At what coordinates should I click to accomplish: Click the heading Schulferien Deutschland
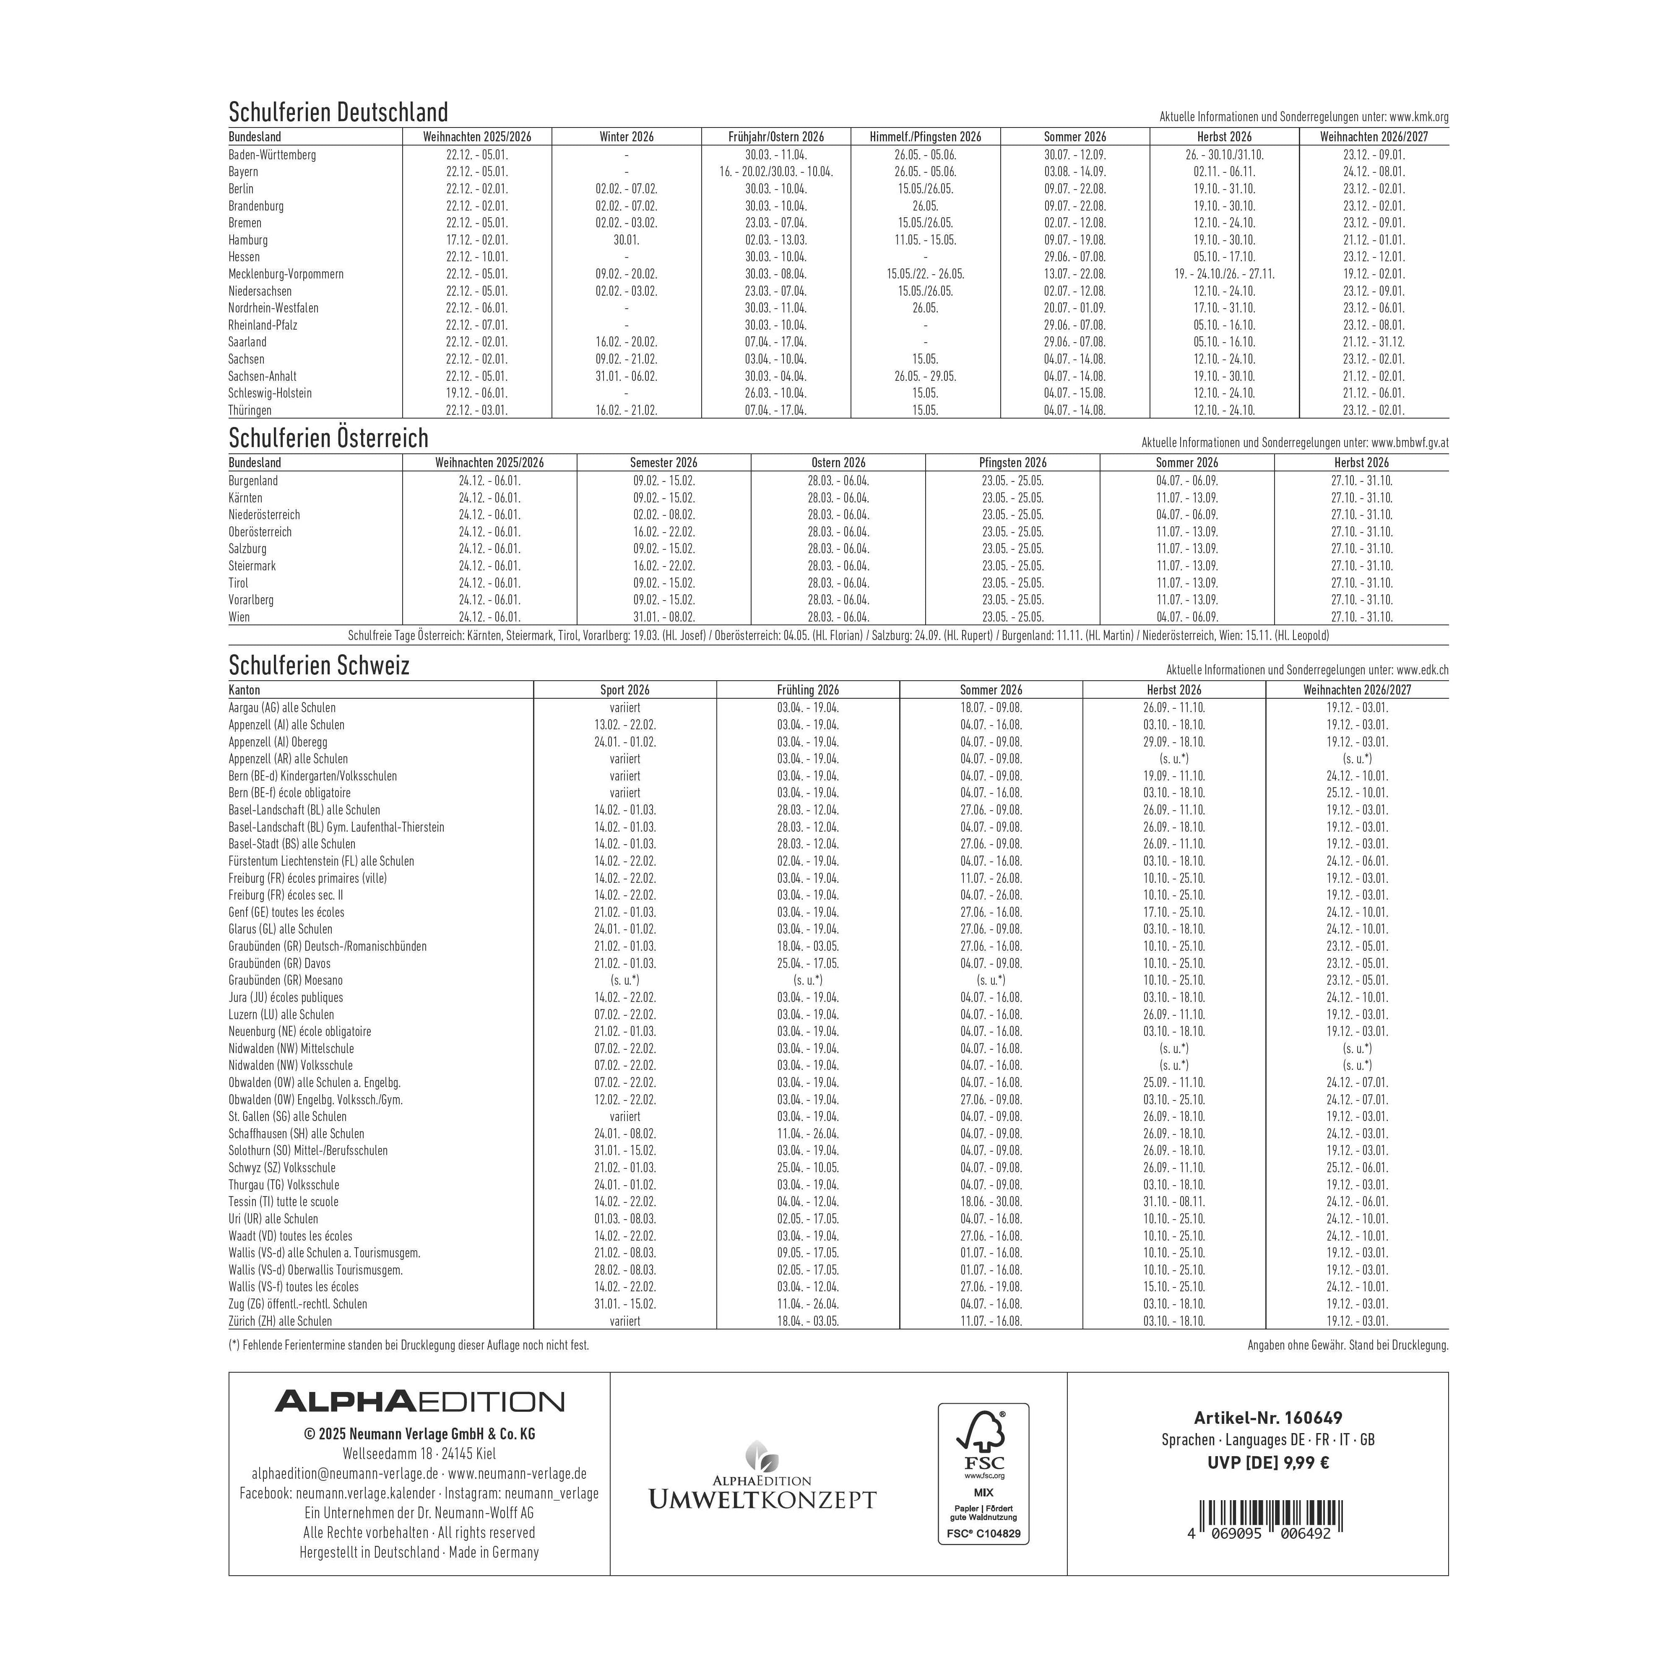pyautogui.click(x=338, y=112)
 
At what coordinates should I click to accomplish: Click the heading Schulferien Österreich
pyautogui.click(x=328, y=438)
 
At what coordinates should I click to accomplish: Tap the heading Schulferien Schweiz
pyautogui.click(x=319, y=665)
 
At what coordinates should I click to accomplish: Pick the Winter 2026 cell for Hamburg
pyautogui.click(x=626, y=240)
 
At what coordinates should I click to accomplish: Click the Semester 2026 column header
pyautogui.click(x=663, y=463)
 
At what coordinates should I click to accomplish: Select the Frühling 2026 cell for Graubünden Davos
pyautogui.click(x=808, y=963)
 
